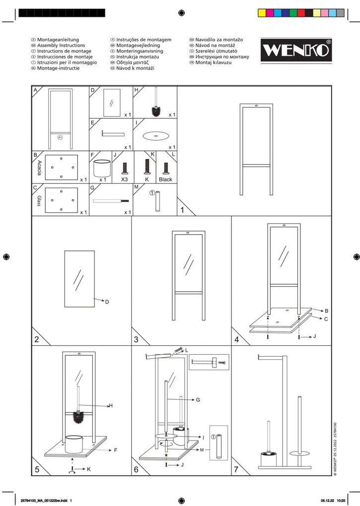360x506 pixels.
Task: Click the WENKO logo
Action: coord(296,50)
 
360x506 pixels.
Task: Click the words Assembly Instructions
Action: coord(61,46)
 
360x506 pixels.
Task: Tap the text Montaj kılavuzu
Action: coord(214,63)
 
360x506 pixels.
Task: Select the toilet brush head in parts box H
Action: coord(156,111)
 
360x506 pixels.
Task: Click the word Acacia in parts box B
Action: coord(39,168)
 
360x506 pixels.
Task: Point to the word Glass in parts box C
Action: coord(39,201)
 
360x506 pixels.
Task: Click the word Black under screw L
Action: coord(165,180)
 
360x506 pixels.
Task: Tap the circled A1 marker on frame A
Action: coord(60,137)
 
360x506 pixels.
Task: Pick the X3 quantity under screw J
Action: coord(124,180)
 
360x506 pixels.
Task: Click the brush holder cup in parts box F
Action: coord(102,168)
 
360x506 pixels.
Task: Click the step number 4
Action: coord(237,339)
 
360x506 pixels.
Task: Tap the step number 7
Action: coord(236,469)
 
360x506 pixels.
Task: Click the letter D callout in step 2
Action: coord(107,302)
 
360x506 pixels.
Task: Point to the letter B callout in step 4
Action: coord(326,311)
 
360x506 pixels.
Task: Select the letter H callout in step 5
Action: coord(111,406)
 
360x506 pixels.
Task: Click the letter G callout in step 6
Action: coord(198,400)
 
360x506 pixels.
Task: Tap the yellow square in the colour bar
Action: coord(262,13)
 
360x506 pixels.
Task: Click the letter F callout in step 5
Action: coord(115,450)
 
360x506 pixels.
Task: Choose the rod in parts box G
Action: coord(111,201)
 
